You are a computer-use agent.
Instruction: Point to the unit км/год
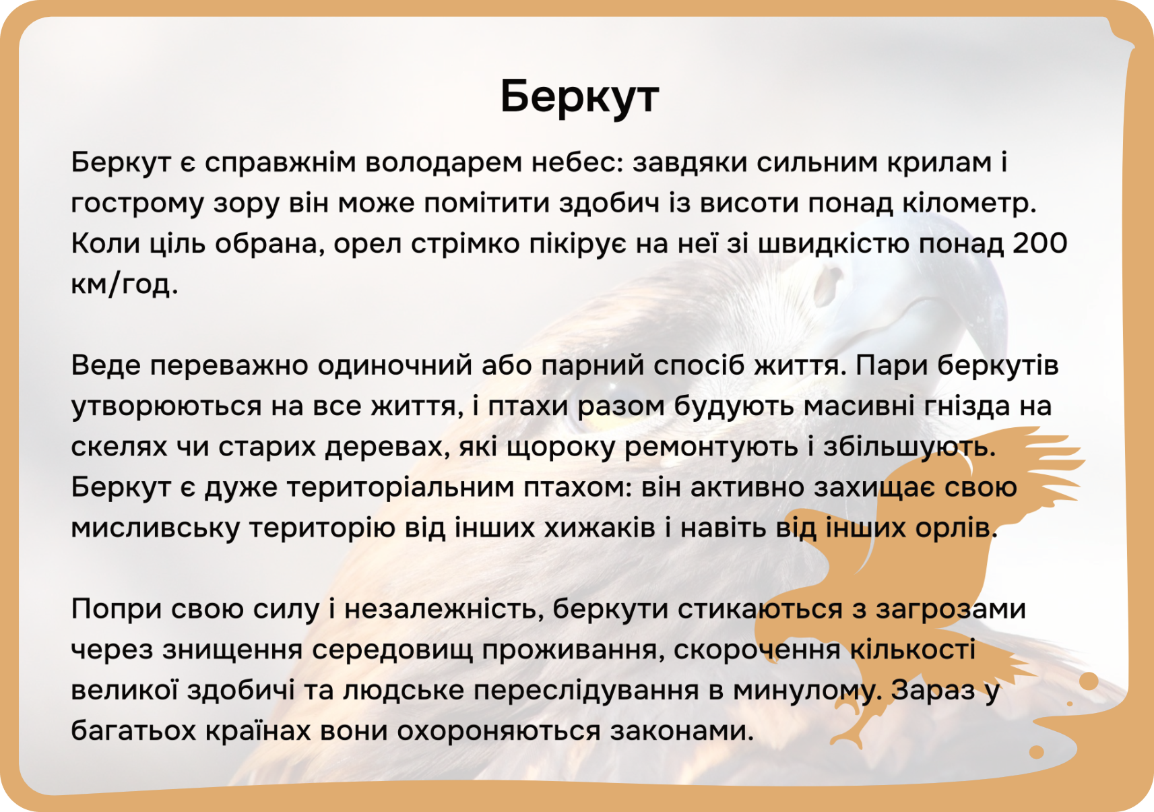[x=124, y=284]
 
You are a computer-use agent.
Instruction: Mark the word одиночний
[x=395, y=366]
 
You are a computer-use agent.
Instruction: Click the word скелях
[x=119, y=447]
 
